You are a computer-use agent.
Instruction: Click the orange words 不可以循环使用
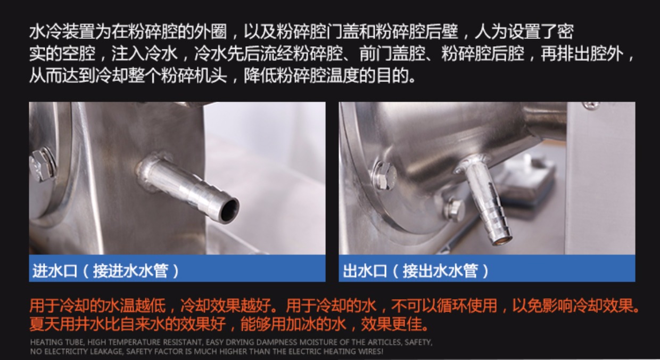click(444, 306)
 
